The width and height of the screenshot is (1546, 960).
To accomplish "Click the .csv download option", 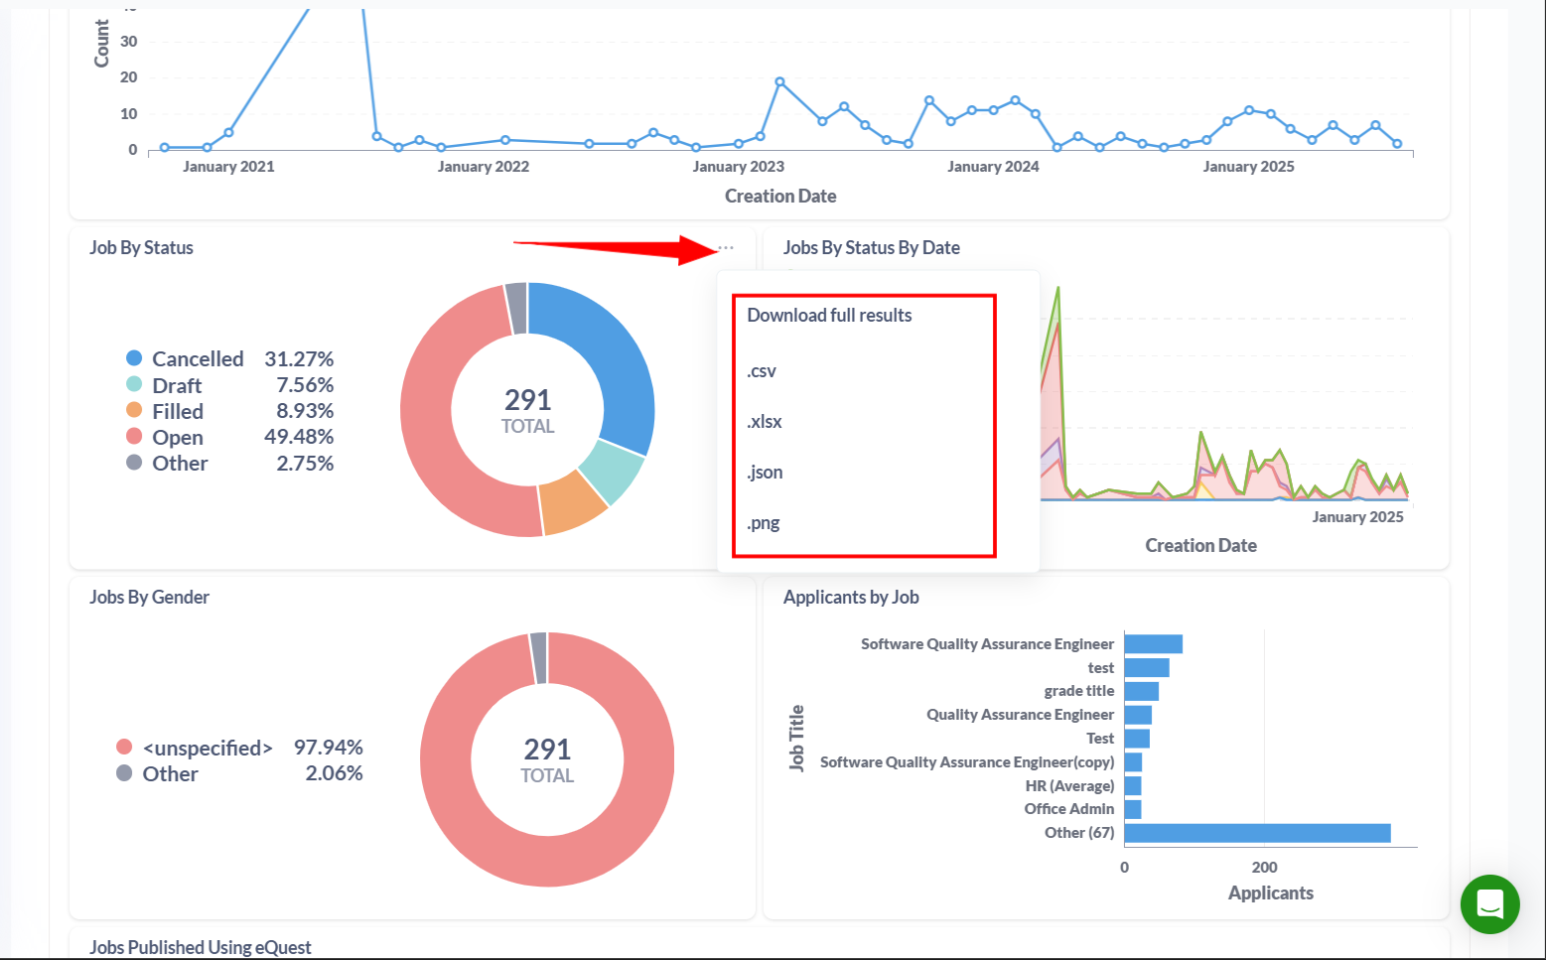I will point(762,371).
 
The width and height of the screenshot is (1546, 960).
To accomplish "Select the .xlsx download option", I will point(765,422).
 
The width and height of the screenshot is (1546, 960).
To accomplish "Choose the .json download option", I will point(765,473).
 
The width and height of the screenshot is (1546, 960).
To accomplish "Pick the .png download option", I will point(764,523).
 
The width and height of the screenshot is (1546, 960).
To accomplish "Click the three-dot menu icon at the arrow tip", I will point(726,248).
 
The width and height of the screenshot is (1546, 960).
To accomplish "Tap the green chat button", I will point(1489,903).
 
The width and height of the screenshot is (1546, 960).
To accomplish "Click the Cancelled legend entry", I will point(197,359).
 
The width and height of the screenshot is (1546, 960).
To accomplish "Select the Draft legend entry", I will point(176,385).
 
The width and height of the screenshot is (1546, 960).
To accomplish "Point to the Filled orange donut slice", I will point(573,500).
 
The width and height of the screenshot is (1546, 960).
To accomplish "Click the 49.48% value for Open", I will point(299,437).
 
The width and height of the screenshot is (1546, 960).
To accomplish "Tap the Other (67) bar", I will point(1257,833).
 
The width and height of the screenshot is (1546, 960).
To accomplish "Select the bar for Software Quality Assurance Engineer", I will point(1153,644).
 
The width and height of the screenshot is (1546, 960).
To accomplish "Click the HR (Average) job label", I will point(1069,786).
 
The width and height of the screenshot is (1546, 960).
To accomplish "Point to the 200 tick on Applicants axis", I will point(1264,868).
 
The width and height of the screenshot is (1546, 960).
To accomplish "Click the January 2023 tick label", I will point(738,167).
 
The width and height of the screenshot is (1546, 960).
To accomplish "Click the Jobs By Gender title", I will point(149,598).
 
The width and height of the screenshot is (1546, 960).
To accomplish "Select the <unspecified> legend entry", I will point(207,748).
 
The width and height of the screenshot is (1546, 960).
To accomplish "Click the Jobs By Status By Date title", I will point(871,248).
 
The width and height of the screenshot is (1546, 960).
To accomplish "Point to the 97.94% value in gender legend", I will point(328,748).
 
